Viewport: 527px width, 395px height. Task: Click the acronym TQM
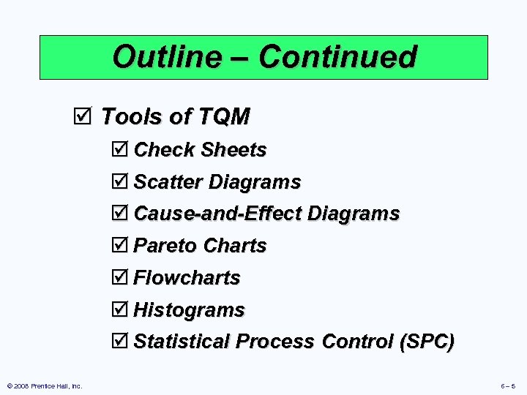(225, 116)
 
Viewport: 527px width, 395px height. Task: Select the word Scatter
(169, 181)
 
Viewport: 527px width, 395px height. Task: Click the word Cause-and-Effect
(217, 214)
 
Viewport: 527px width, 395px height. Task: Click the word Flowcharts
(187, 278)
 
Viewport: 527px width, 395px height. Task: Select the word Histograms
(189, 310)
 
